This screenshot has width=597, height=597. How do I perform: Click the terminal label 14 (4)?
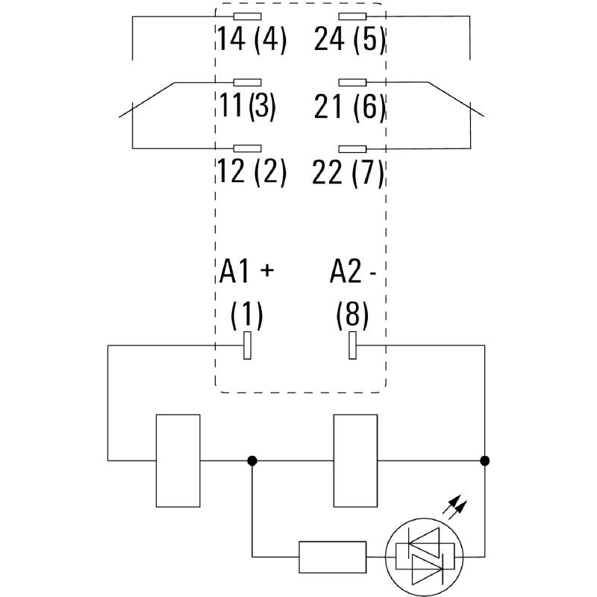[252, 39]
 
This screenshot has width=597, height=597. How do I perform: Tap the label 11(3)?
[248, 106]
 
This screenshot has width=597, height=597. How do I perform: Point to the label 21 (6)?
[349, 106]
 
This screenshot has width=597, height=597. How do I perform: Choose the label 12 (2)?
[252, 173]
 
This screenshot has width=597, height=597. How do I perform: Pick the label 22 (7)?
[349, 173]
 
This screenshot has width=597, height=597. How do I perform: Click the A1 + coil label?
[247, 272]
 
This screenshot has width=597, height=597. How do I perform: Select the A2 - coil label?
[352, 272]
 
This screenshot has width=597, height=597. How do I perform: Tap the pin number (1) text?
[247, 316]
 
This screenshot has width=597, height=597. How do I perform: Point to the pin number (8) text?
[352, 316]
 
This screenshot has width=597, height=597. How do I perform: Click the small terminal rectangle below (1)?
[247, 346]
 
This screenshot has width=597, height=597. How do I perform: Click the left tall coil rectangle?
[178, 460]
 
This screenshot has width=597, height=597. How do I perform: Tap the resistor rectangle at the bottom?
[332, 556]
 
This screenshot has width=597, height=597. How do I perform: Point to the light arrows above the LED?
[456, 510]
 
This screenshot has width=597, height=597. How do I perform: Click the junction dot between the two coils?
[253, 460]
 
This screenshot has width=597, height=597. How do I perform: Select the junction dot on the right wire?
[486, 460]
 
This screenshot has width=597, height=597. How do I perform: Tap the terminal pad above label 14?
[247, 16]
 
